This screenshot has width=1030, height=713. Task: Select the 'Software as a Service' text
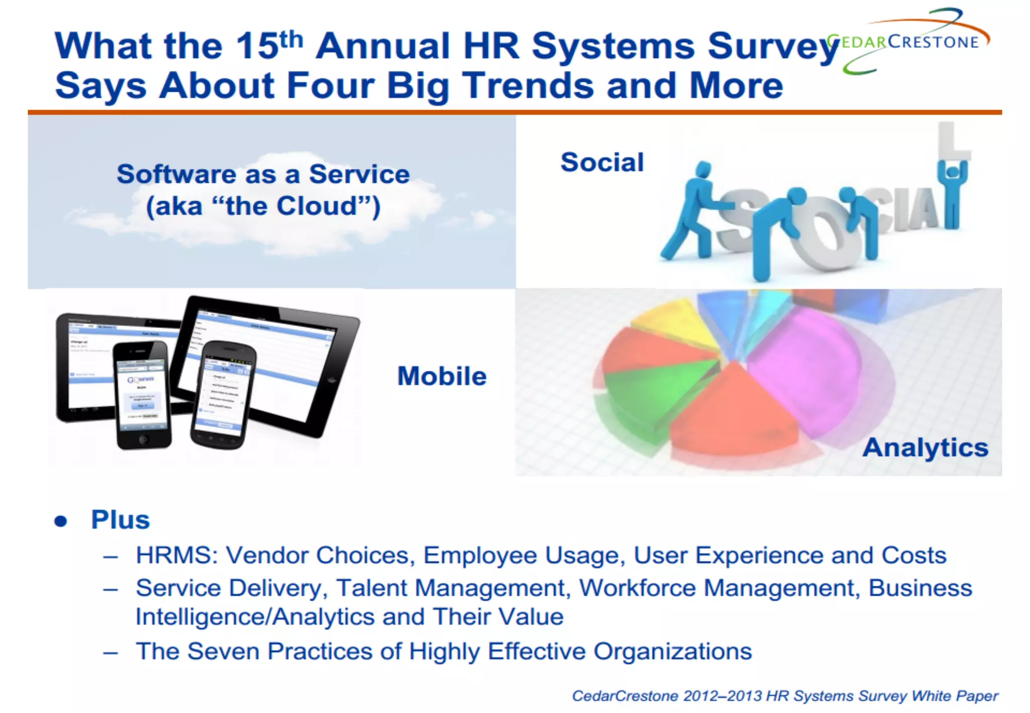click(x=263, y=174)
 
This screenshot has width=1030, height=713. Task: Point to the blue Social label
click(x=602, y=162)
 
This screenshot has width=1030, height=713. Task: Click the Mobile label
click(x=442, y=376)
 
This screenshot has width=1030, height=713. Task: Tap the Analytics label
click(x=925, y=447)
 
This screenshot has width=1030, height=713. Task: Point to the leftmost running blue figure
click(x=692, y=211)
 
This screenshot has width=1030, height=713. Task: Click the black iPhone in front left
click(x=142, y=395)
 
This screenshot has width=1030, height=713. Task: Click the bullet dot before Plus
click(x=61, y=521)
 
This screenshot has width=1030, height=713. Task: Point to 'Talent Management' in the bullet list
click(x=451, y=588)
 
